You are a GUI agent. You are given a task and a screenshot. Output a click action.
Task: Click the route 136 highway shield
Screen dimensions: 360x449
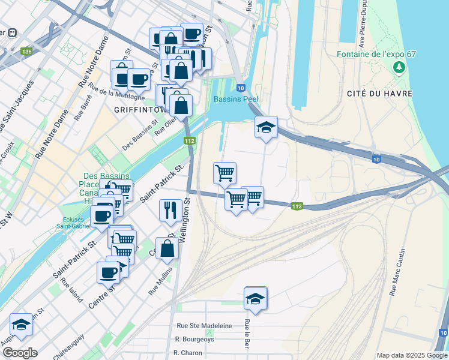[x=26, y=52]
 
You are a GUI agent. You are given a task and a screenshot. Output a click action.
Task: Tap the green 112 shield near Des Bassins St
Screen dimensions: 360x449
[x=190, y=140]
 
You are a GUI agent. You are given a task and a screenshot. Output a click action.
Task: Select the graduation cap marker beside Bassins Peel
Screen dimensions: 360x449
[x=266, y=127]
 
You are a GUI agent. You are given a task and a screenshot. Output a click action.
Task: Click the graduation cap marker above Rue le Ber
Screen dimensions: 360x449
[x=255, y=298]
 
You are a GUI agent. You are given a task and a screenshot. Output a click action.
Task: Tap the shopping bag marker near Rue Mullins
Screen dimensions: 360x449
[x=167, y=248]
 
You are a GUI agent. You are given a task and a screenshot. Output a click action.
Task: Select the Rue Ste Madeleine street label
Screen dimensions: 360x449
[x=204, y=326]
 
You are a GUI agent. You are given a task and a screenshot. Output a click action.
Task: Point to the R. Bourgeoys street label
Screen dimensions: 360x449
[x=194, y=339]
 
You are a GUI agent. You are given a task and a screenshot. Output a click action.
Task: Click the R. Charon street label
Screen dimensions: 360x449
[x=188, y=353]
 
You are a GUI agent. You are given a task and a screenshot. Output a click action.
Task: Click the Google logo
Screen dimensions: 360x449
[x=20, y=353]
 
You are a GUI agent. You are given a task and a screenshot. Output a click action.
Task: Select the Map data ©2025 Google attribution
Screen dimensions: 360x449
[x=411, y=355]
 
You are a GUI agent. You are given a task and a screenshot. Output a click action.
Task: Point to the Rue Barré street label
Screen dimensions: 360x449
[x=79, y=111]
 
